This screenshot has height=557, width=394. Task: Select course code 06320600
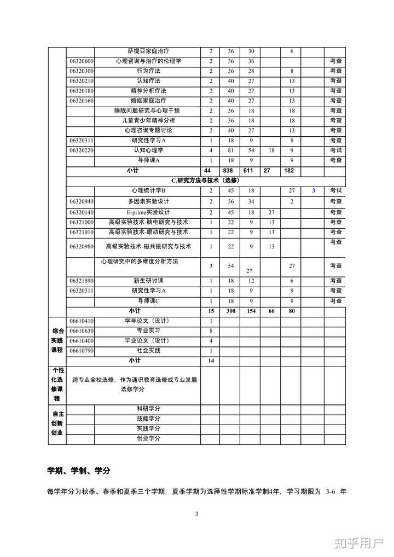tap(81, 61)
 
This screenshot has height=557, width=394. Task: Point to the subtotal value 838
tap(230, 171)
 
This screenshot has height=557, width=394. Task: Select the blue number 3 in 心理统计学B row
tap(314, 190)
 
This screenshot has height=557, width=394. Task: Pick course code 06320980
tap(81, 247)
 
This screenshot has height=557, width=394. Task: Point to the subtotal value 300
tap(230, 311)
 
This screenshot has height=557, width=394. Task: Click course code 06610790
tap(81, 351)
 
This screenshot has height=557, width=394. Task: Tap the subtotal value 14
tap(211, 361)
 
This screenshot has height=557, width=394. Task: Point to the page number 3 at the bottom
tap(196, 514)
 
